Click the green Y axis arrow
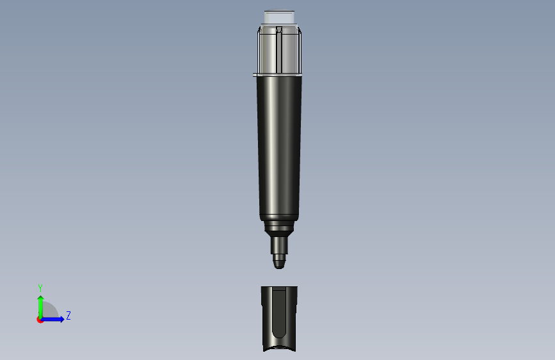pos(41,307)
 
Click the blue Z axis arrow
pos(52,319)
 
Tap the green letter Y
pos(40,288)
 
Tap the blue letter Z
pos(68,315)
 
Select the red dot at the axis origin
pos(39,320)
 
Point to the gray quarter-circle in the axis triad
pos(51,310)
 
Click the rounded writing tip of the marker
pos(279,262)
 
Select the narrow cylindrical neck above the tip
pos(279,245)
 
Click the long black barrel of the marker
pos(279,147)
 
